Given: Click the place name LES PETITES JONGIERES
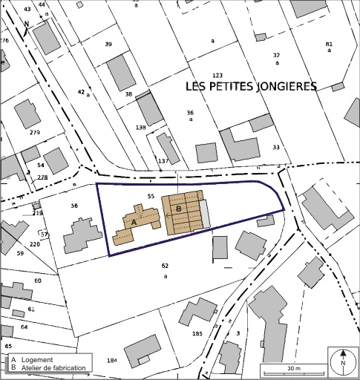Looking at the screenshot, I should click(x=251, y=87).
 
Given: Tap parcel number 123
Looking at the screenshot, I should click(x=217, y=76).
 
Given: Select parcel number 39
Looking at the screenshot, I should click(x=108, y=45).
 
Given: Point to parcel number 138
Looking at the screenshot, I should click(x=141, y=128).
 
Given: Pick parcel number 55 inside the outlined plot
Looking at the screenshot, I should click(x=151, y=196).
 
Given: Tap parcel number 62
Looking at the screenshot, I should click(x=165, y=265).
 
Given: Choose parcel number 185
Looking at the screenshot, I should click(x=197, y=334).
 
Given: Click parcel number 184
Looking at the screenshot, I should click(x=111, y=361).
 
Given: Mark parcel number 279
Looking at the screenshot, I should click(x=35, y=132).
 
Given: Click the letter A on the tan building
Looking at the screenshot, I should click(x=134, y=221).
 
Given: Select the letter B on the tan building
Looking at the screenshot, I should click(x=178, y=209).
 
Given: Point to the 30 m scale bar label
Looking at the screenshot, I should click(x=293, y=368).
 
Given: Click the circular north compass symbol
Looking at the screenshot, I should click(x=343, y=362).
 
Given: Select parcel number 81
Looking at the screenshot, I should click(x=329, y=44).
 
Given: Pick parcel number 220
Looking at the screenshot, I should click(x=35, y=243).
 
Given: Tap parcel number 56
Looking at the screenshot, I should click(x=74, y=206).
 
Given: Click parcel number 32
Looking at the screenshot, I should click(x=276, y=56).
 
